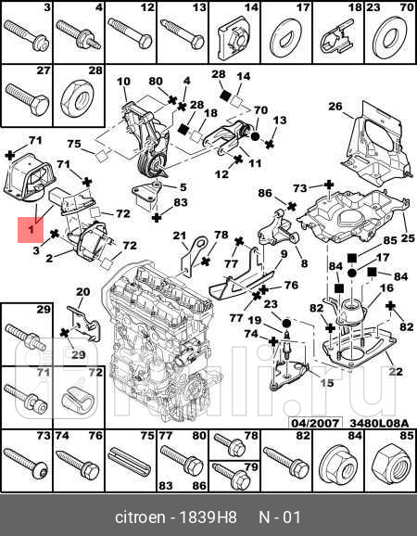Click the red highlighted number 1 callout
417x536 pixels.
[x=30, y=229]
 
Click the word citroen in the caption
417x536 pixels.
[x=138, y=516]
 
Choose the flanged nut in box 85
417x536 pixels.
[x=387, y=459]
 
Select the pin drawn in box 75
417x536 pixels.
[x=129, y=459]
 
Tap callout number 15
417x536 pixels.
[x=325, y=381]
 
